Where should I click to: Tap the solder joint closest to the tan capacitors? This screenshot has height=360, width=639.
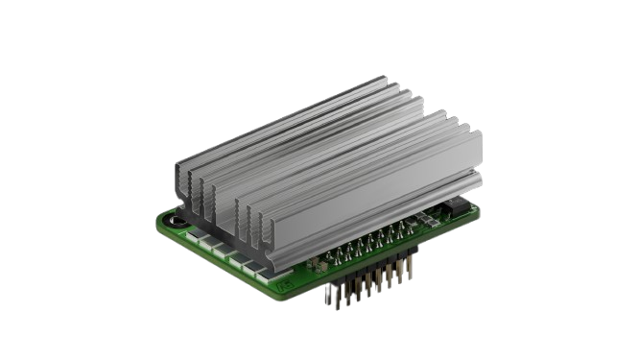333,257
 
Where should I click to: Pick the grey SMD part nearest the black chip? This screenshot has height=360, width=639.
443,215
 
